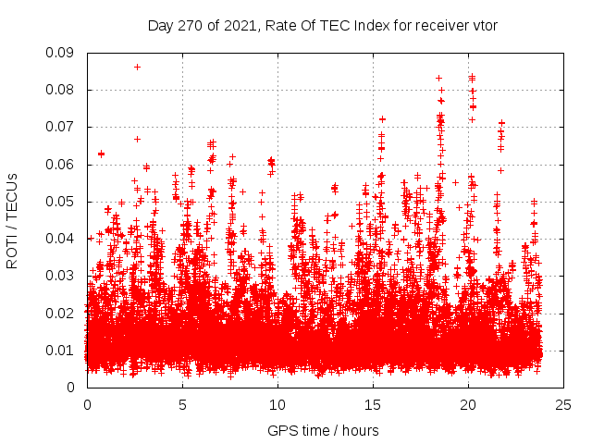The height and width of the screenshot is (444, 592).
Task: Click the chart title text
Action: tap(323, 25)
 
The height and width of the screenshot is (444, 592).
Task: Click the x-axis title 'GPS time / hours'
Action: tap(323, 430)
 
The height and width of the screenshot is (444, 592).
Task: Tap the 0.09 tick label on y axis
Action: tap(65, 53)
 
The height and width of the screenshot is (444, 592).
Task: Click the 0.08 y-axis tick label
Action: tap(65, 90)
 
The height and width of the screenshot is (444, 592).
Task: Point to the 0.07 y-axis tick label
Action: tap(65, 127)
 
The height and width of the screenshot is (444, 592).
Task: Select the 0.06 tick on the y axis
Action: tap(65, 165)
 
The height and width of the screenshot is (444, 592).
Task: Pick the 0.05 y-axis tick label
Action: tap(65, 202)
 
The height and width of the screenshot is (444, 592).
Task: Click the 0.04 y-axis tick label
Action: tap(65, 239)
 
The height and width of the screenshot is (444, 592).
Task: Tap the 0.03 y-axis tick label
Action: tap(65, 276)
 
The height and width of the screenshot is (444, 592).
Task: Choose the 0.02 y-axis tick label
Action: tap(65, 313)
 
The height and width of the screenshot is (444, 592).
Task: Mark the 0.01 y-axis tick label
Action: tap(65, 350)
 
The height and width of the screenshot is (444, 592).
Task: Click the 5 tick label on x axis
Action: tap(182, 404)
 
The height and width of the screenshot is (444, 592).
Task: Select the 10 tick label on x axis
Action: tap(277, 404)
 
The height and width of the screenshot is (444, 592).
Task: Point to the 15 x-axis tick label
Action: tap(373, 404)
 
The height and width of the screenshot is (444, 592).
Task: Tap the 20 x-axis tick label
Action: tap(468, 404)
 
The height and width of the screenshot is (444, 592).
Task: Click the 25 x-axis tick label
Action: tap(563, 404)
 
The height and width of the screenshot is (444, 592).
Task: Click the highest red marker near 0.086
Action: tap(137, 67)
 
